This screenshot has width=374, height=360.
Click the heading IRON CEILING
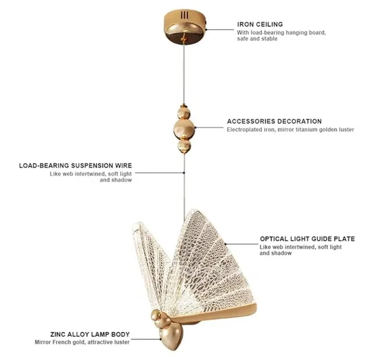tap(260, 24)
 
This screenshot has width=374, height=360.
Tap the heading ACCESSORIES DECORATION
tap(274, 121)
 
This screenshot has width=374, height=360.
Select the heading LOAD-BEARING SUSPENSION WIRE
tap(75, 166)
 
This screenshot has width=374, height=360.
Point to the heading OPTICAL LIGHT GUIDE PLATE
tap(307, 239)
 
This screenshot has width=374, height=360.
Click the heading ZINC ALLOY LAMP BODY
tap(90, 334)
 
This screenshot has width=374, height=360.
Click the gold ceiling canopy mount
tap(185, 27)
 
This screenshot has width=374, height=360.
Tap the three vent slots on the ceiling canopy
tap(185, 16)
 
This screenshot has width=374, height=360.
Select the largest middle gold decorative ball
tap(184, 129)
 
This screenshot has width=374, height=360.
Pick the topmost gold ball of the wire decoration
tap(184, 112)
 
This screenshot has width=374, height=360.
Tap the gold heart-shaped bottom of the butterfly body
tap(171, 337)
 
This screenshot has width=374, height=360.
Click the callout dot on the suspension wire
tap(184, 172)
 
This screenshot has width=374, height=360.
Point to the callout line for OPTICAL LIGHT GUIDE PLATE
tap(241, 244)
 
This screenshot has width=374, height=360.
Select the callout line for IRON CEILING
tap(220, 29)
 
